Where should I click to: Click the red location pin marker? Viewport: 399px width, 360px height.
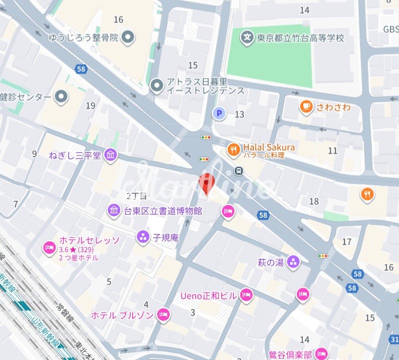click(x=207, y=182)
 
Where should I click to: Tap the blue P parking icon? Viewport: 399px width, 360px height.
click(x=219, y=114)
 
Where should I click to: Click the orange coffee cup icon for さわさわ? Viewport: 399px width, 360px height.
click(x=306, y=107)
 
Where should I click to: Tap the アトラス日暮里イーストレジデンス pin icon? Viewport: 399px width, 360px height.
click(x=157, y=86)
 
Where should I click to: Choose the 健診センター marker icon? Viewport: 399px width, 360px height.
click(x=62, y=96)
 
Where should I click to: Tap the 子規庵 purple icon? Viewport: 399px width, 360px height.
click(x=143, y=237)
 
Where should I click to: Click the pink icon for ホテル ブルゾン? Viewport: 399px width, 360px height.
click(x=163, y=315)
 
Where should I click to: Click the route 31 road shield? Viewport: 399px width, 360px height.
click(x=394, y=340)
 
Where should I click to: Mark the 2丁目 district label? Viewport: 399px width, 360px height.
click(x=136, y=196)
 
